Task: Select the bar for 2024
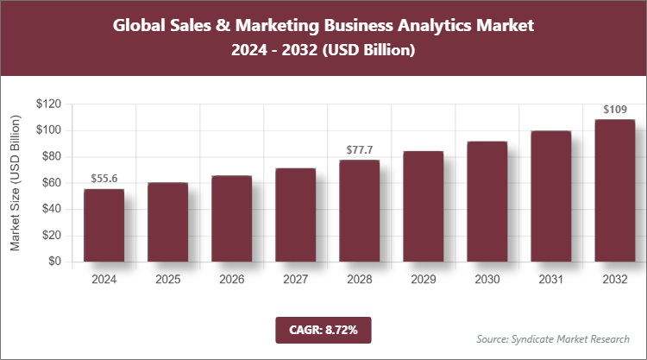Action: [104, 224]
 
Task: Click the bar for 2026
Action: [231, 218]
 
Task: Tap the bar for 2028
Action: [359, 211]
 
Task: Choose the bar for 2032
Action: [614, 190]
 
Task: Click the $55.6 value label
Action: [104, 178]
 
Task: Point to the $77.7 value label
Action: [359, 149]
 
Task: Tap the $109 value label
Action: [614, 110]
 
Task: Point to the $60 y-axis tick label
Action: [51, 183]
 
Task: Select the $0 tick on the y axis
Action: [54, 261]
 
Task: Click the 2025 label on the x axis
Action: [167, 279]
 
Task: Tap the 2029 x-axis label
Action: [423, 279]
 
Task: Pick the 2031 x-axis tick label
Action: [550, 279]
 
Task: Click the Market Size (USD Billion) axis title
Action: [15, 183]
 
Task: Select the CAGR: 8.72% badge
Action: [323, 330]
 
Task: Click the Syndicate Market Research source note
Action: [553, 338]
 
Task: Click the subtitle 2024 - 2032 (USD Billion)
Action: [323, 51]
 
